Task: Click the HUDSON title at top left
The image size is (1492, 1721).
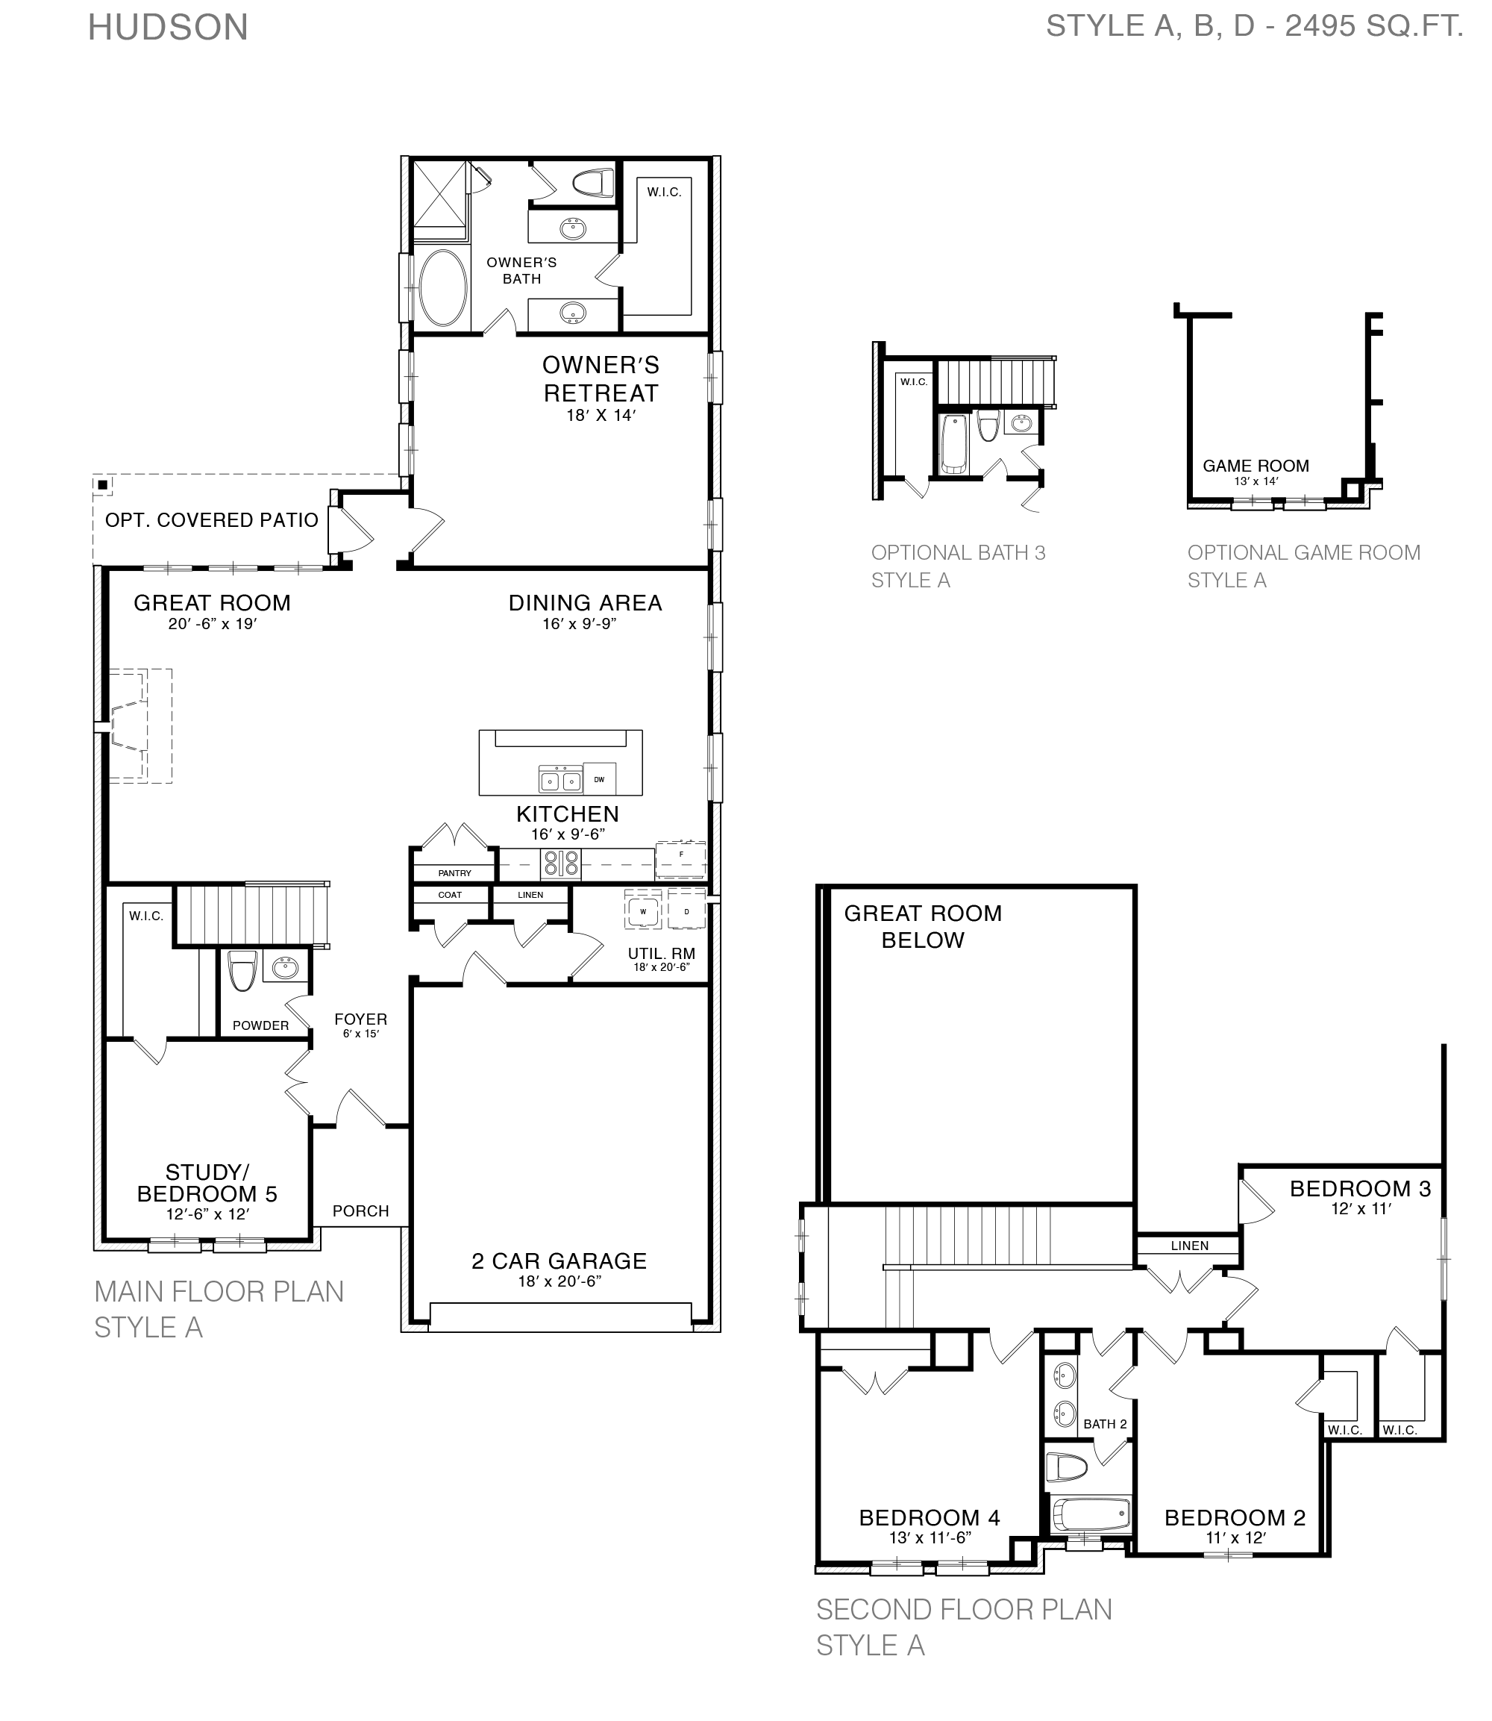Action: (x=168, y=28)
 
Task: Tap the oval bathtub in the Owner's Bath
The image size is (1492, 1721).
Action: (x=443, y=289)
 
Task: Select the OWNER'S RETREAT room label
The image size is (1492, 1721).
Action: (x=601, y=379)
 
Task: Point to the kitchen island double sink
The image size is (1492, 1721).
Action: (x=560, y=781)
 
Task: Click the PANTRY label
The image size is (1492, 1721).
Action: (x=454, y=873)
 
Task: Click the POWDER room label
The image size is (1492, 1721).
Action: (x=260, y=1025)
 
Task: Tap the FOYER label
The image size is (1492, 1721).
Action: (x=360, y=1019)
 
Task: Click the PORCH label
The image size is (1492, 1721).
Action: (x=360, y=1211)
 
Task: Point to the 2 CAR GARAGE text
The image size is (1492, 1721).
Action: (x=559, y=1261)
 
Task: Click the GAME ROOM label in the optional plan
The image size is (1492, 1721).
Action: (x=1256, y=466)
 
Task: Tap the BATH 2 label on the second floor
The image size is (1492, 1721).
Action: (x=1105, y=1425)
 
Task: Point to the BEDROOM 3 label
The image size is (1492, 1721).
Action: (x=1360, y=1189)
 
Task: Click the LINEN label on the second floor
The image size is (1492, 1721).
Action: (x=1189, y=1246)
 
